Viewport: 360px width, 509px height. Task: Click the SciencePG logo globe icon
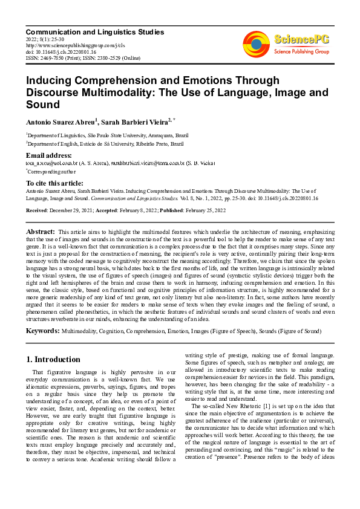[x=256, y=42]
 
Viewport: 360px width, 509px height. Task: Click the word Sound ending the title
[x=40, y=105]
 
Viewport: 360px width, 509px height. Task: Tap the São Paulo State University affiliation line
[x=107, y=136]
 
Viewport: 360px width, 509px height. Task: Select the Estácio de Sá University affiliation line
[x=107, y=144]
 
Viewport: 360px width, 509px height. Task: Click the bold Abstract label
[x=41, y=232]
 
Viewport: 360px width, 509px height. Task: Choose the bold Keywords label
[x=42, y=331]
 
